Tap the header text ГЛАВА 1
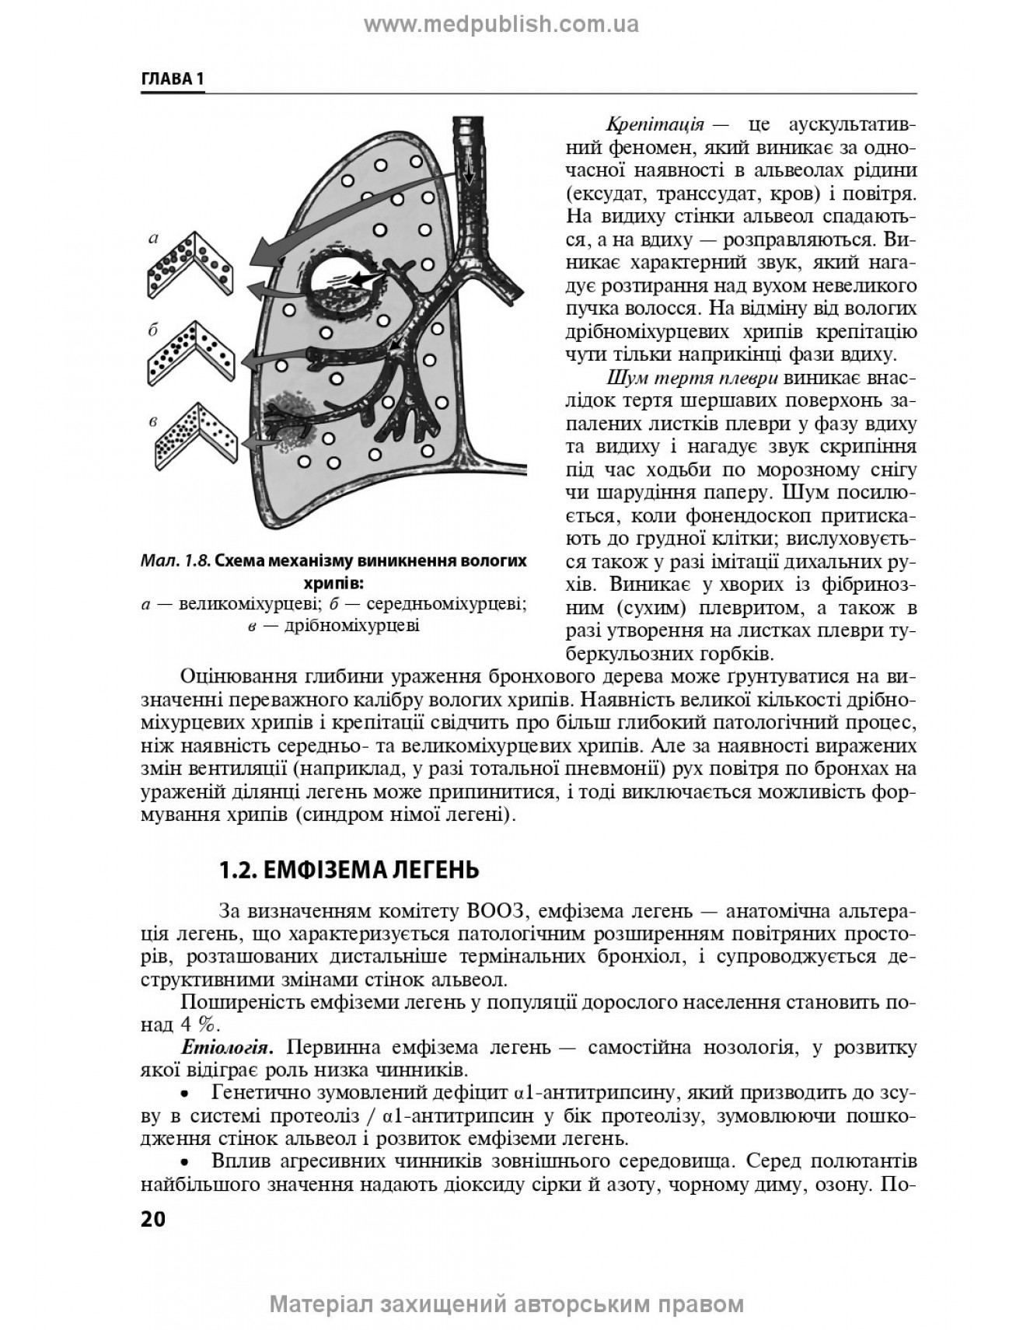172,79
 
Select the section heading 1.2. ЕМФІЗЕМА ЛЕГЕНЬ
349,869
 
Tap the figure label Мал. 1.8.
175,560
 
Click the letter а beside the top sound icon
153,239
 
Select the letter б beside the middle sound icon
153,330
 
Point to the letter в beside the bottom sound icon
153,421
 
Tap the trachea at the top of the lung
468,155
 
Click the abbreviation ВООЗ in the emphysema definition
498,911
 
